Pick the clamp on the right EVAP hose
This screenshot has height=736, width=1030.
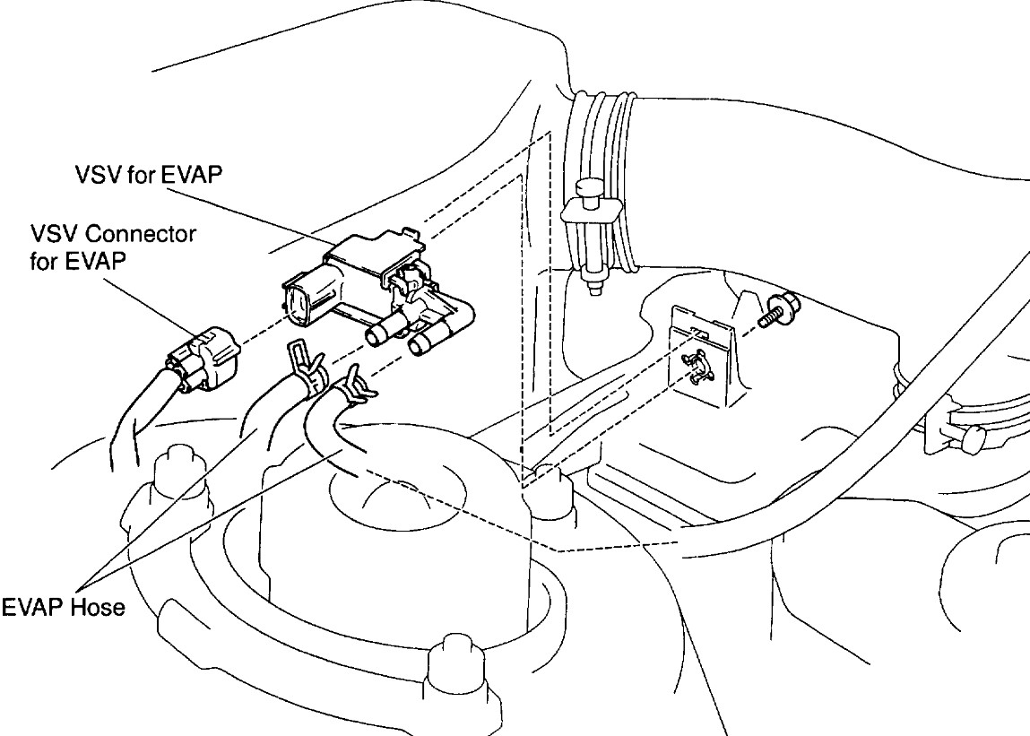tap(351, 387)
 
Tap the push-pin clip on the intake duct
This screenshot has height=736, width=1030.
tap(589, 233)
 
